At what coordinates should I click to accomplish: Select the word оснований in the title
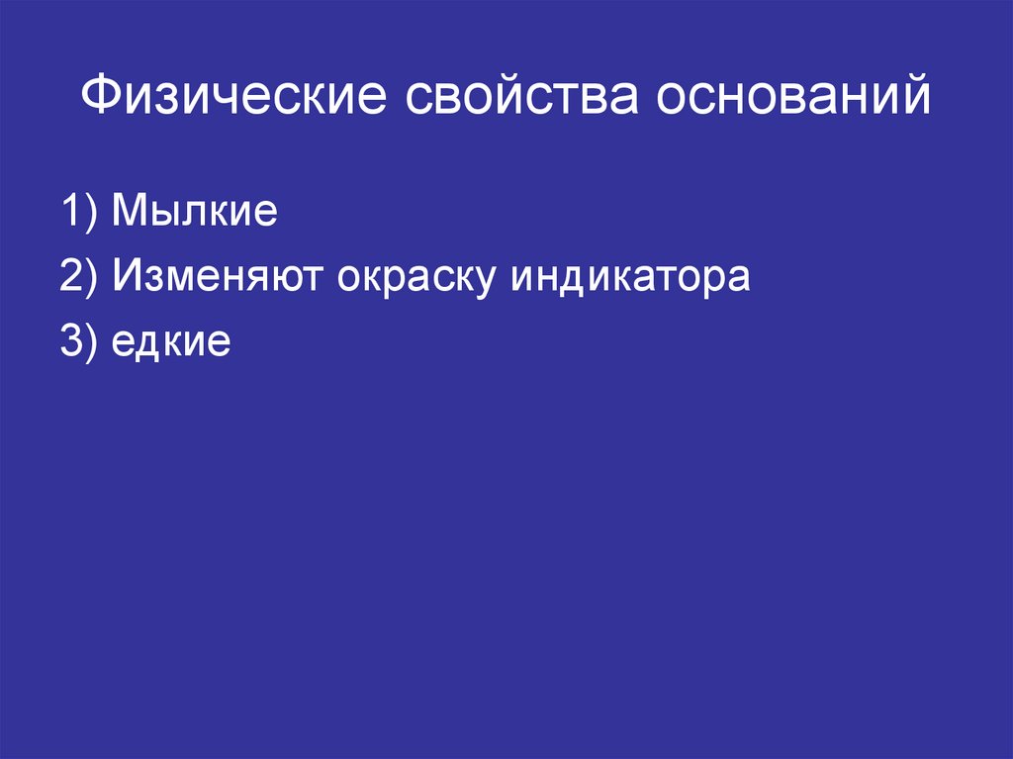coord(790,100)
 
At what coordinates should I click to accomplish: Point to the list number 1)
coord(78,214)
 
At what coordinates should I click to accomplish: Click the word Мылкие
coord(194,214)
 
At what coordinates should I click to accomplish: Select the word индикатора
coord(630,278)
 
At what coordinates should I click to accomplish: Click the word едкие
coord(171,343)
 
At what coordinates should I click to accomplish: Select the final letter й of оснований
coord(915,98)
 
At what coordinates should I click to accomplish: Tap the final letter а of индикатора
coord(738,280)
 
